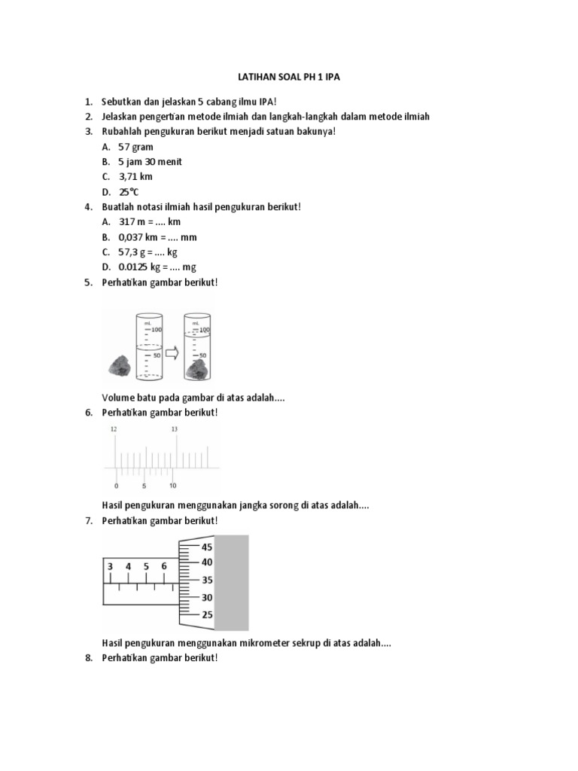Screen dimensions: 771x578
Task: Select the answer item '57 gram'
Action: (x=136, y=147)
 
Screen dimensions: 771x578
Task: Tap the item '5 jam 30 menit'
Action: (x=151, y=162)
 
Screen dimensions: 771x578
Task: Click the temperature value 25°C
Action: (x=130, y=192)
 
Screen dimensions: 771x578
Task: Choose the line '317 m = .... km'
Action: (x=150, y=222)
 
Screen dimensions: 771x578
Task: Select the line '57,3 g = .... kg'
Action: (x=148, y=252)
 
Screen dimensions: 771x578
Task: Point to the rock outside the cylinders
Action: (x=120, y=367)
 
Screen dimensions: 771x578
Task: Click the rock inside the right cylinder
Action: (x=199, y=370)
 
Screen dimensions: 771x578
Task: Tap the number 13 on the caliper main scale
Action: (x=175, y=429)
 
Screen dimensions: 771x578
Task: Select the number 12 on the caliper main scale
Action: (x=114, y=429)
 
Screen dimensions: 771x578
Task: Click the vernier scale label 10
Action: (x=173, y=486)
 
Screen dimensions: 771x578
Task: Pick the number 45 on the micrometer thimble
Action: (x=207, y=547)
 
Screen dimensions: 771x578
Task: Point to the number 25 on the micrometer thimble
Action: (x=207, y=614)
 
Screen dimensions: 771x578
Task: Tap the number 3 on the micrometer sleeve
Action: (x=111, y=566)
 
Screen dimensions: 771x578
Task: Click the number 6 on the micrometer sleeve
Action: (x=164, y=566)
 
